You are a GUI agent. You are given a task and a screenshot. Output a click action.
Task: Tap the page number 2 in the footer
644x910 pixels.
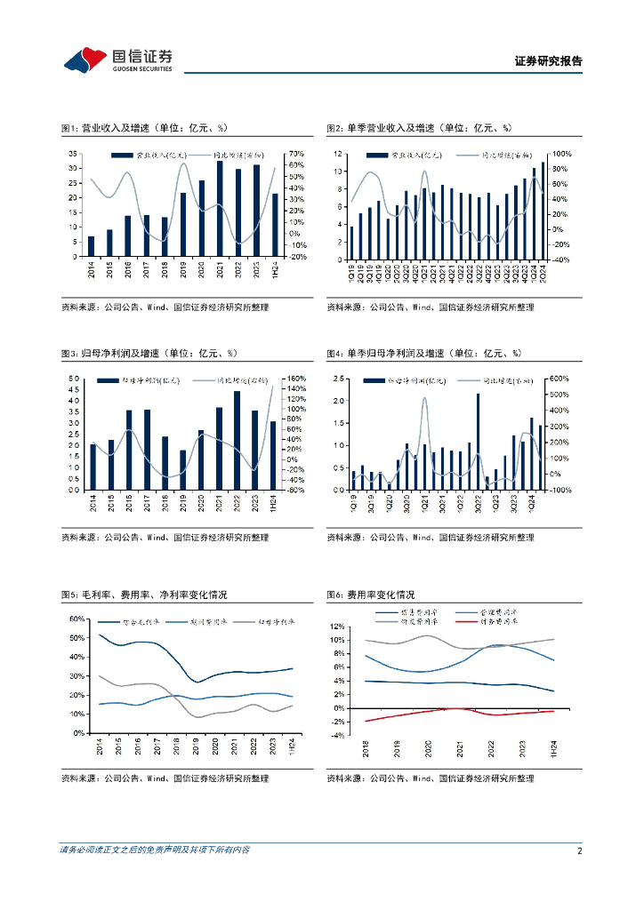578,850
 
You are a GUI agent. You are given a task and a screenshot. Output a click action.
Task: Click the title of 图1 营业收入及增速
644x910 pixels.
150,128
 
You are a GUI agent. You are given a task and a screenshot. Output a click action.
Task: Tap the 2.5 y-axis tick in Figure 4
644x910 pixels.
338,379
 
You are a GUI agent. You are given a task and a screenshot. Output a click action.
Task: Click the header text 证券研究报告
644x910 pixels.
549,61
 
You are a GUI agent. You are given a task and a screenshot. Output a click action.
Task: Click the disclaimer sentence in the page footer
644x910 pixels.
155,850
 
